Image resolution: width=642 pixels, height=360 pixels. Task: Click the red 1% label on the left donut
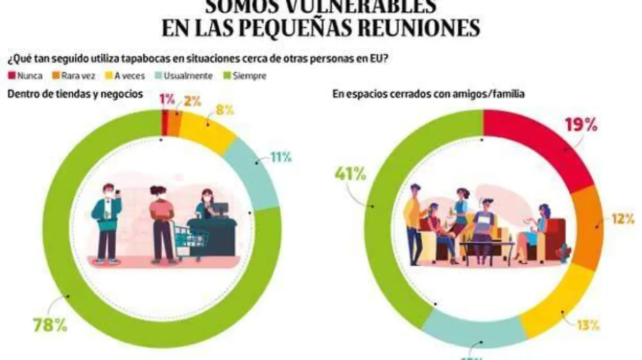point(166,99)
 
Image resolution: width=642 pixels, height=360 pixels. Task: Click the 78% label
point(50,325)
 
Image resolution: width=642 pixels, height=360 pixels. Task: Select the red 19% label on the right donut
point(581,125)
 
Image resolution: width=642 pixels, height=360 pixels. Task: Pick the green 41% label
point(350,174)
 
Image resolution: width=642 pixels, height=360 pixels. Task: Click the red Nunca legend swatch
point(11,76)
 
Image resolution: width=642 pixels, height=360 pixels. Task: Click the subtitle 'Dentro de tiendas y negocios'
point(75,94)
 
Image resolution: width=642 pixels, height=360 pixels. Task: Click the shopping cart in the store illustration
point(190,239)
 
